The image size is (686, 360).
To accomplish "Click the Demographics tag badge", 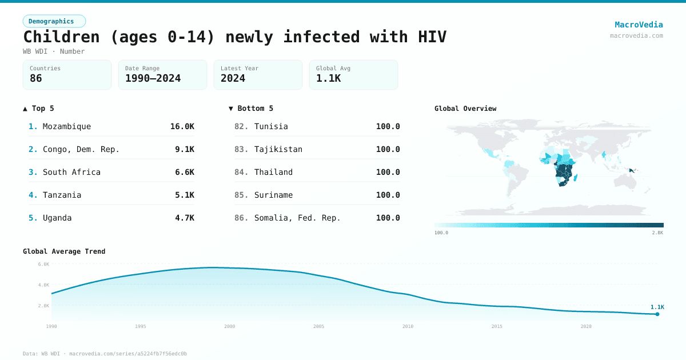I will click(x=54, y=21).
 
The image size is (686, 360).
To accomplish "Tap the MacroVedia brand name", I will click(x=639, y=25).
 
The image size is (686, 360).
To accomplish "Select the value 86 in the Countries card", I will click(x=36, y=78).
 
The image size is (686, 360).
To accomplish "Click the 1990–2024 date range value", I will click(x=153, y=78).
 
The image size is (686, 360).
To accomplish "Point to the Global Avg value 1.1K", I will click(x=328, y=78).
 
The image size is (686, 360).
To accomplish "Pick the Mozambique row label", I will click(x=66, y=126).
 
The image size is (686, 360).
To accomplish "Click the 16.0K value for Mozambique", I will click(x=182, y=126).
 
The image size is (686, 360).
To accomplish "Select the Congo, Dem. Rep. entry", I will click(x=81, y=149).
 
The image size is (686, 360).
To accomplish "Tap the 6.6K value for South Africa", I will click(x=184, y=172).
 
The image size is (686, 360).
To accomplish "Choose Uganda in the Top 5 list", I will click(x=57, y=218).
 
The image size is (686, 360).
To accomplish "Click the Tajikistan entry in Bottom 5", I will click(x=278, y=149).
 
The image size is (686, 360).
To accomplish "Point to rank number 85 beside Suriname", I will click(x=241, y=195).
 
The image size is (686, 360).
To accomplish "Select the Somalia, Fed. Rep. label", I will click(x=297, y=218).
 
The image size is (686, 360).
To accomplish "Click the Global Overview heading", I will click(x=465, y=109).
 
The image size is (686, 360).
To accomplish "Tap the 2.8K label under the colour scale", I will click(x=657, y=233).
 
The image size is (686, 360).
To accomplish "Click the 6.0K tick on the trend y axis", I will click(x=43, y=264).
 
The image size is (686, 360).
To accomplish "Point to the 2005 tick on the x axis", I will click(x=318, y=326).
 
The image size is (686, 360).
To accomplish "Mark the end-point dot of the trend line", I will click(x=657, y=314).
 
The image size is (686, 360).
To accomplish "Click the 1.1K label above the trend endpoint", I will click(x=657, y=307).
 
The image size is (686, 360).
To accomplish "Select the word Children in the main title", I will click(x=62, y=37).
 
